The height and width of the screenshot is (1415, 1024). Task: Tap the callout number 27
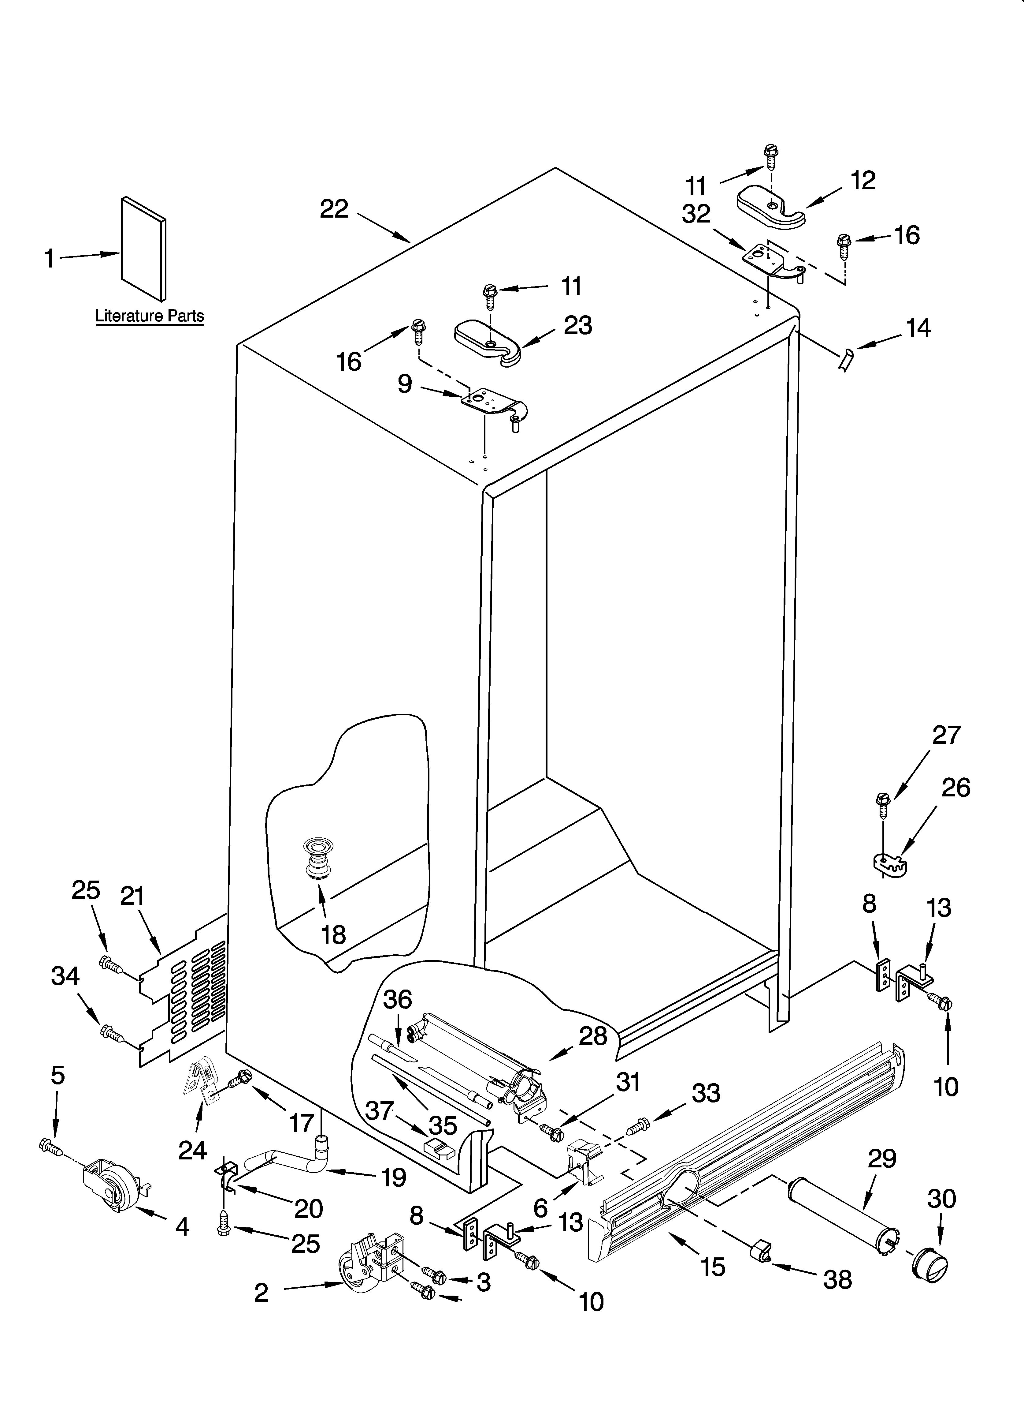click(x=946, y=735)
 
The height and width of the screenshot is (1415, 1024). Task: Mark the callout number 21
click(x=132, y=897)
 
